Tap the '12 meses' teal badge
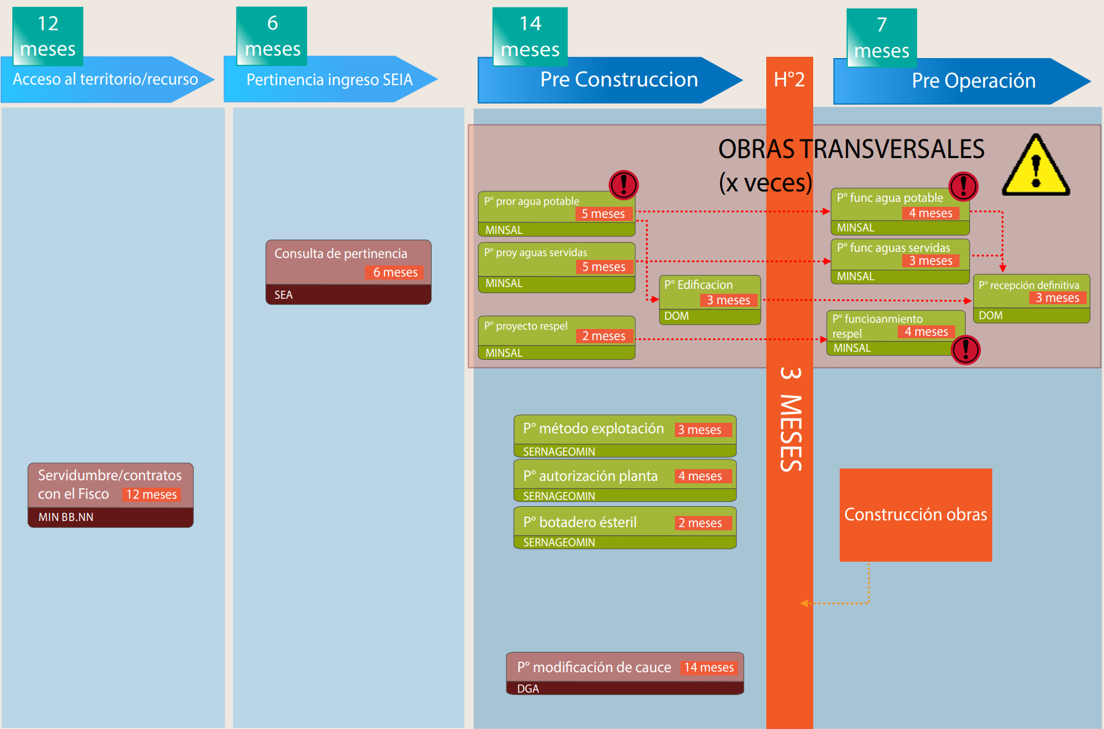click(48, 36)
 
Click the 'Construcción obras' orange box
click(916, 515)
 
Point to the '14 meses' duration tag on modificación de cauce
click(709, 667)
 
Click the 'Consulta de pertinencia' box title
click(341, 254)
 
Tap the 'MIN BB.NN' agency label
click(66, 517)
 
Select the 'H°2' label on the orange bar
click(789, 80)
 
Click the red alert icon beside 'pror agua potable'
click(624, 185)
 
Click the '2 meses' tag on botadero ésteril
click(700, 523)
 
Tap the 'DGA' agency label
click(528, 688)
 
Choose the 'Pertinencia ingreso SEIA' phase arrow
click(329, 80)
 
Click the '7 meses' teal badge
click(881, 38)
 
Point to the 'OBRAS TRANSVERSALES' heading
click(851, 149)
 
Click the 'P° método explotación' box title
click(593, 428)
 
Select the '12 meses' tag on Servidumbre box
click(151, 494)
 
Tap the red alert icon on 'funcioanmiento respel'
click(966, 350)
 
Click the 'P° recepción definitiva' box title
click(1029, 285)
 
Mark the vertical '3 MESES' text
click(790, 420)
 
